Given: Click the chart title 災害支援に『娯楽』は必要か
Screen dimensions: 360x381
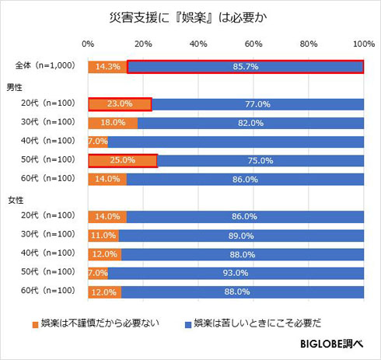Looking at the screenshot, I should coord(190,16).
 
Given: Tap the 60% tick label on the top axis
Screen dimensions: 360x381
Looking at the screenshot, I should coord(253,44).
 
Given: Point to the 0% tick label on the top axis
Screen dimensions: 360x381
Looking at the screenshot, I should coord(88,44).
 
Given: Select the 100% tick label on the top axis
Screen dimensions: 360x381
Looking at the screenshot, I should coord(363,44).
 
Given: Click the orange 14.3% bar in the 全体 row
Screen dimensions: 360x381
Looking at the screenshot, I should coord(107,67).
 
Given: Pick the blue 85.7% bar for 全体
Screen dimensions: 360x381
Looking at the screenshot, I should coord(246,67).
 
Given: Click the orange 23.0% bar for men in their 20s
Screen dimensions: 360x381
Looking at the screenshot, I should coord(120,103).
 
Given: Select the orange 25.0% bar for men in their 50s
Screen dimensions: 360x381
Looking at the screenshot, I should coord(122,161).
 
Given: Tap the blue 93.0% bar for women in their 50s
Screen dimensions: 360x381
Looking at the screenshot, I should coord(236,273).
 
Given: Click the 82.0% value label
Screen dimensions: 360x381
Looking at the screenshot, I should coord(250,123).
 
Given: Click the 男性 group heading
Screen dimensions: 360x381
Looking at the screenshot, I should coord(16,86).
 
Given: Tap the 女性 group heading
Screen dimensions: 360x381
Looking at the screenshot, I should coord(16,198).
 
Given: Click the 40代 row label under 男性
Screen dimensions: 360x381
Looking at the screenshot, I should coord(45,142).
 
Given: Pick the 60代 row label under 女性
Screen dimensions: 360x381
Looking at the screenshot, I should coord(45,292).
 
